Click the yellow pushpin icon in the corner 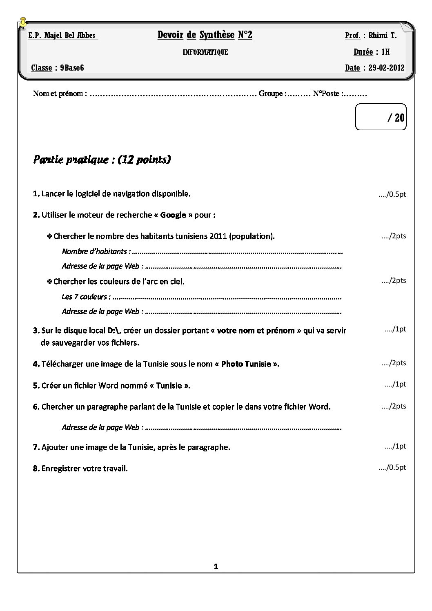pos(23,23)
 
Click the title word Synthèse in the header pos(217,35)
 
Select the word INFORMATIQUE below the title pos(205,52)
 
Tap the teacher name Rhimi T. pos(382,36)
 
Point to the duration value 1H pos(385,52)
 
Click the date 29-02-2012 pos(386,68)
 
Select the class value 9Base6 pos(72,68)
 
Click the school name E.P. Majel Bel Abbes pos(62,36)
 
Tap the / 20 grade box pos(381,118)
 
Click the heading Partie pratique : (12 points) pos(102,159)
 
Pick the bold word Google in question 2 pos(173,215)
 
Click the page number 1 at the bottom pos(216,566)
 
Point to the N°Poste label pos(326,94)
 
